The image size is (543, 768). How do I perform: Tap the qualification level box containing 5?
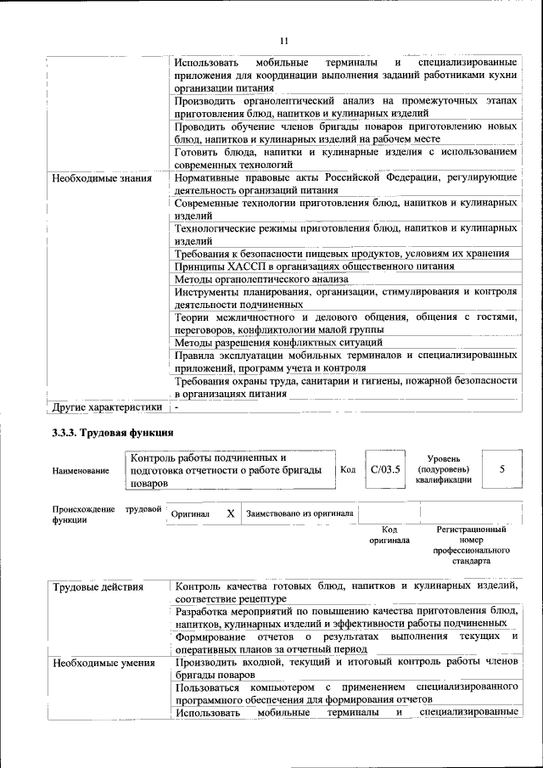click(x=501, y=468)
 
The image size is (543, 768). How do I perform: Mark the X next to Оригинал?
click(x=231, y=514)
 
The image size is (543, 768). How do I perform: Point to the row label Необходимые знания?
click(x=102, y=179)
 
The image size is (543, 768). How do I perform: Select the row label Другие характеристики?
click(x=106, y=407)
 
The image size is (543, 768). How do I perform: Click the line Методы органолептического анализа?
click(x=261, y=279)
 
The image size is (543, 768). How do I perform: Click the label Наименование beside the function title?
click(x=81, y=470)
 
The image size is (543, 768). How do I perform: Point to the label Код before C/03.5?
click(x=348, y=469)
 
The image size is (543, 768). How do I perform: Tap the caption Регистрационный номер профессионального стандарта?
click(x=472, y=545)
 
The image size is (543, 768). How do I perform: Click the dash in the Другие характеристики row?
click(x=176, y=407)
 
